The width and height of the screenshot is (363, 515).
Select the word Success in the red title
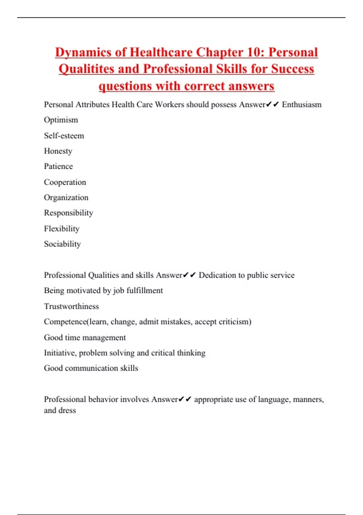coord(293,69)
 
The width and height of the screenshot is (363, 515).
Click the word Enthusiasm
coord(302,105)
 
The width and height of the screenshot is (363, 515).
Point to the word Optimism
coord(61,120)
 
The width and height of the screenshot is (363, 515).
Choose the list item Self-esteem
coord(64,135)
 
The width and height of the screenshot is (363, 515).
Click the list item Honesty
coord(58,151)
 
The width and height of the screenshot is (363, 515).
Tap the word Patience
coord(58,166)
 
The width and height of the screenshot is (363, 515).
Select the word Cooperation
coord(65,182)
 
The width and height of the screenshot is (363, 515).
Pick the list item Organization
coord(66,198)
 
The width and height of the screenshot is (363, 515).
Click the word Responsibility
coord(68,213)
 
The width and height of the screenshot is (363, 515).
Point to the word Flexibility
coord(62,228)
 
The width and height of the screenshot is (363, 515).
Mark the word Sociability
coord(62,244)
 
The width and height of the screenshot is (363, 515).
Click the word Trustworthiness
coord(71,306)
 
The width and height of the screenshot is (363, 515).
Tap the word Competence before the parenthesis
coord(65,322)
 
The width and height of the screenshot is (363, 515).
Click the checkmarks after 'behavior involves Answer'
coord(185,399)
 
